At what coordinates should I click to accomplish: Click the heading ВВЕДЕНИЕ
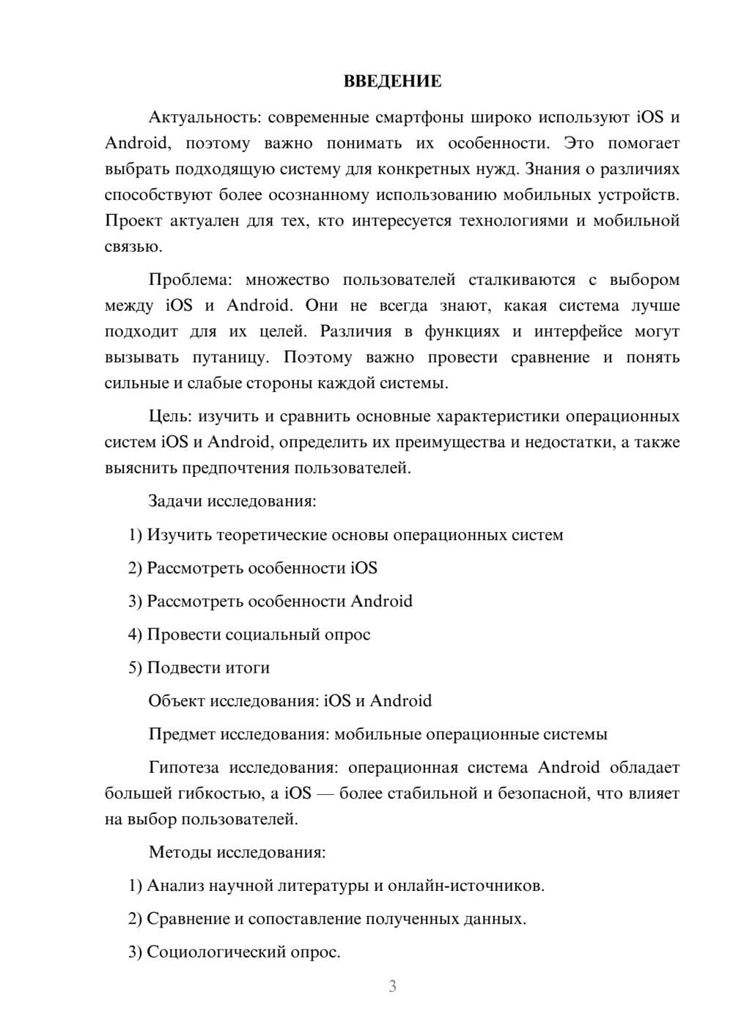point(392,81)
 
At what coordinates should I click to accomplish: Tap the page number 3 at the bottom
point(392,986)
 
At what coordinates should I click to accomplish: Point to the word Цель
point(169,416)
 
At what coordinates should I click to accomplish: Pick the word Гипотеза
point(183,767)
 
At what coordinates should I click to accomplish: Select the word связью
point(133,247)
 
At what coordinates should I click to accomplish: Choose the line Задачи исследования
point(232,501)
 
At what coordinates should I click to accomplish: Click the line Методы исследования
point(237,852)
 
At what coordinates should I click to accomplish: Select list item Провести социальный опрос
point(249,634)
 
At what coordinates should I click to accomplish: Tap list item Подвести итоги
point(199,667)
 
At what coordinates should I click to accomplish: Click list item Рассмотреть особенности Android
point(270,602)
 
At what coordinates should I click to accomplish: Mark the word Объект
point(177,701)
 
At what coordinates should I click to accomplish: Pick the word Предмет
point(182,734)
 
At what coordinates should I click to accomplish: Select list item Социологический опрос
point(235,952)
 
